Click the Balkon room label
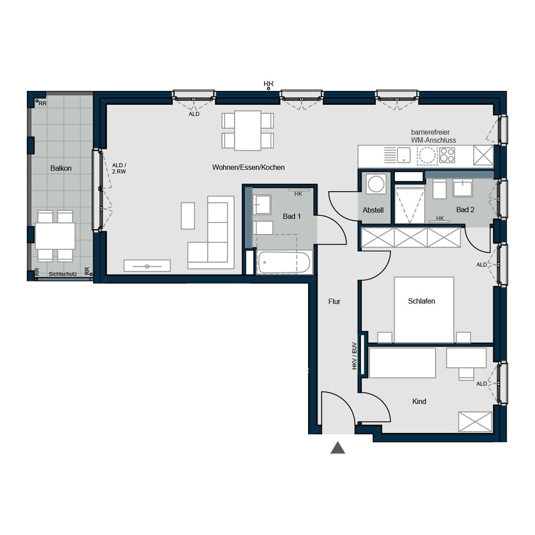pyautogui.click(x=61, y=168)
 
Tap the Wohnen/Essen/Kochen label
pyautogui.click(x=249, y=167)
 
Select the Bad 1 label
pyautogui.click(x=291, y=216)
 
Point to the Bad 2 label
pyautogui.click(x=465, y=210)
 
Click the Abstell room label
pyautogui.click(x=373, y=210)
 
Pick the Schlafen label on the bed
pyautogui.click(x=421, y=301)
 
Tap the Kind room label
pyautogui.click(x=419, y=401)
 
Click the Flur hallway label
pyautogui.click(x=334, y=301)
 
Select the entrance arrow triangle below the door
pyautogui.click(x=338, y=448)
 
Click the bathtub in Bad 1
pyautogui.click(x=284, y=262)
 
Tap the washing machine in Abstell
pyautogui.click(x=376, y=184)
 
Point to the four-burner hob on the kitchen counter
pyautogui.click(x=447, y=155)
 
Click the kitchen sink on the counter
pyautogui.click(x=403, y=155)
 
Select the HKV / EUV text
pyautogui.click(x=354, y=356)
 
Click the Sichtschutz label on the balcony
pyautogui.click(x=63, y=274)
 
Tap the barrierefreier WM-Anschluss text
pyautogui.click(x=434, y=136)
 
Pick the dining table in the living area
pyautogui.click(x=247, y=130)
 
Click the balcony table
pyautogui.click(x=55, y=236)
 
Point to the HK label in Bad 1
pyautogui.click(x=298, y=194)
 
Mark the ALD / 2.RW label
pyautogui.click(x=119, y=168)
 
